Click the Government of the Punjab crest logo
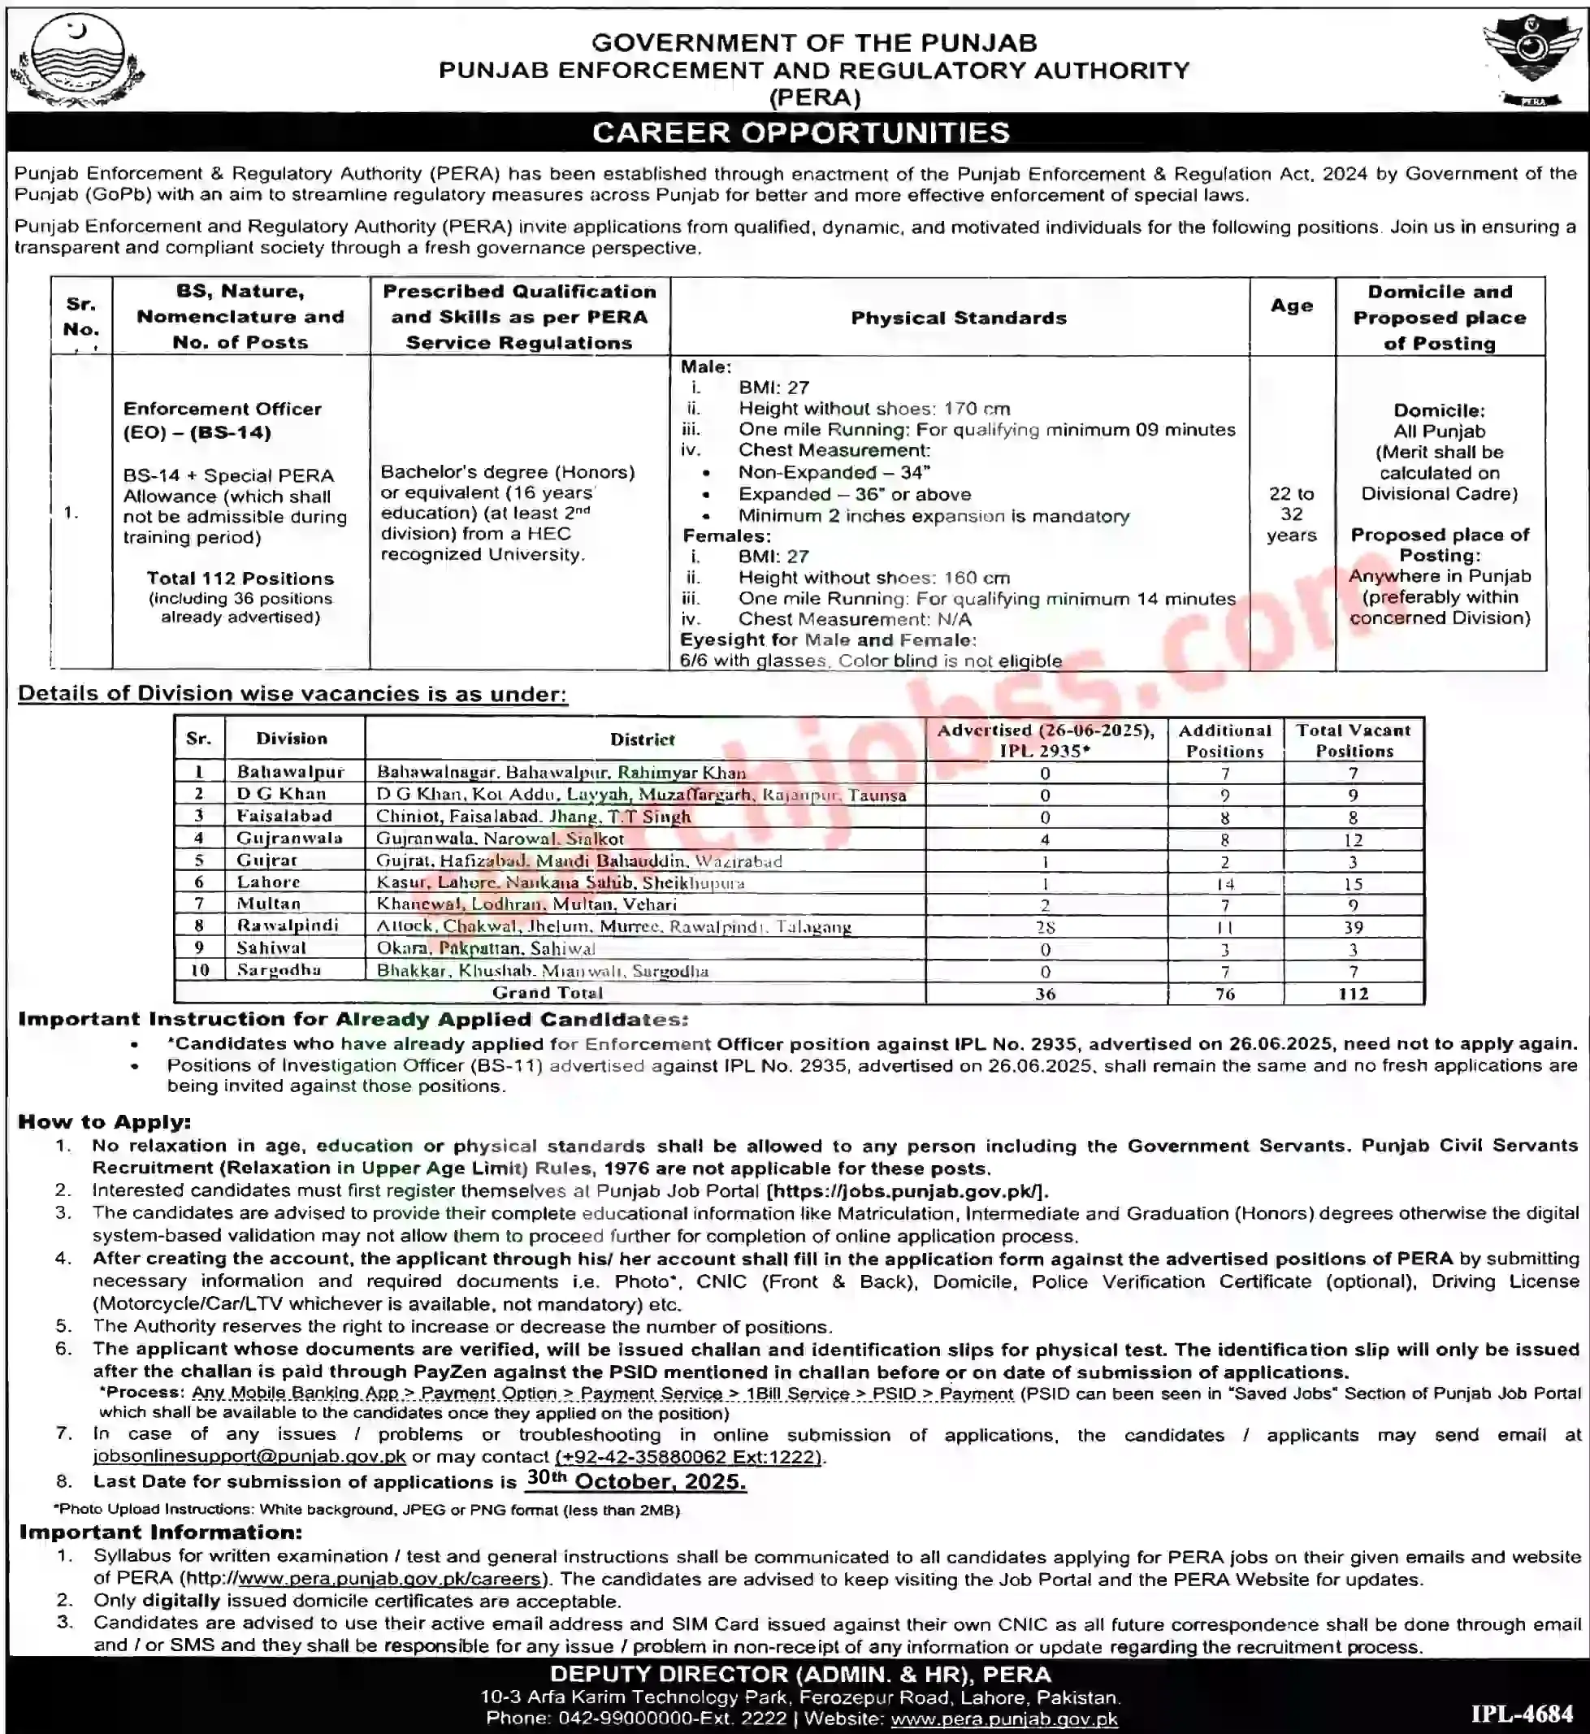[76, 63]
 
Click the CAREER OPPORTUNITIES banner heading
[800, 132]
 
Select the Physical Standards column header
[959, 318]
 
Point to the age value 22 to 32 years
[1292, 514]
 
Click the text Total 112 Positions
[240, 579]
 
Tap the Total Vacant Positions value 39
[1353, 927]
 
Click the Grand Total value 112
[1353, 993]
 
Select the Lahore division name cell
[268, 881]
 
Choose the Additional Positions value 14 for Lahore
[1224, 884]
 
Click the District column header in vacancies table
[642, 739]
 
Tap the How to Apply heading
[104, 1121]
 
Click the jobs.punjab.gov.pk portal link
[907, 1191]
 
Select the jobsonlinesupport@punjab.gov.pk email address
[249, 1456]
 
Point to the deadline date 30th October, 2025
[636, 1480]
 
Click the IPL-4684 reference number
[1521, 1710]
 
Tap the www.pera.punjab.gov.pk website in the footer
[1004, 1719]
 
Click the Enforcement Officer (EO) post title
[222, 420]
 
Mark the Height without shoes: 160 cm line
[874, 578]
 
